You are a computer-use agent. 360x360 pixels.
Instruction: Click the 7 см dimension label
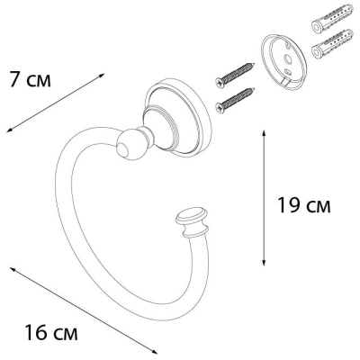(30, 79)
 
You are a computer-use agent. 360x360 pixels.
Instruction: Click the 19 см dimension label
(304, 205)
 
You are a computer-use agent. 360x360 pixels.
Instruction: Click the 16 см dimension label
(51, 332)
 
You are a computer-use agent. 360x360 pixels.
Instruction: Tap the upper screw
(235, 75)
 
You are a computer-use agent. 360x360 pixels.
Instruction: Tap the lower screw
(235, 100)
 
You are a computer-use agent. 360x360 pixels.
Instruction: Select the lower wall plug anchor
(332, 44)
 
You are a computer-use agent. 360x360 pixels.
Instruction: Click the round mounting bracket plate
(283, 62)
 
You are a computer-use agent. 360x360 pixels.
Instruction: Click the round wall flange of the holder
(177, 117)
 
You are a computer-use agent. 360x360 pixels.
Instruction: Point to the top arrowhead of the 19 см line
(264, 132)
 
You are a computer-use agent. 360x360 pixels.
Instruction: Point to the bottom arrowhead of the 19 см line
(264, 264)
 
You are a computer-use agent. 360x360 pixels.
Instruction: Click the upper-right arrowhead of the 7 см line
(102, 75)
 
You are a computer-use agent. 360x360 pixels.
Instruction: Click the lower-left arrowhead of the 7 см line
(9, 130)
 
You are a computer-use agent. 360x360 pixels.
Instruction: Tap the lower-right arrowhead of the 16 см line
(155, 352)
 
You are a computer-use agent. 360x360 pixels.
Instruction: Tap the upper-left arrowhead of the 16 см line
(13, 269)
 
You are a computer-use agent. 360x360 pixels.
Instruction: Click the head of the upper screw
(220, 83)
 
